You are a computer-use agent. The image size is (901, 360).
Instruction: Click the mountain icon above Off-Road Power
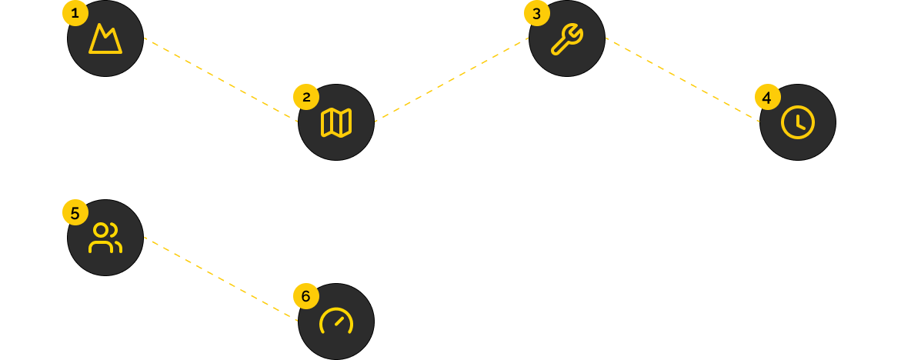[x=105, y=38]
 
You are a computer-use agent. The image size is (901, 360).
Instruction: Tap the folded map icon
[x=336, y=122]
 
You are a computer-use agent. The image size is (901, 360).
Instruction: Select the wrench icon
[x=567, y=38]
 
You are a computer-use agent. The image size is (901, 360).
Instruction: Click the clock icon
[x=798, y=122]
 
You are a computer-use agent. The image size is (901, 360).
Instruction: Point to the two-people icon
[x=105, y=238]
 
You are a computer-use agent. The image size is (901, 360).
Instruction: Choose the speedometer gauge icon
[x=336, y=322]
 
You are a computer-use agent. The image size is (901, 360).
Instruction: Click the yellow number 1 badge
[x=75, y=13]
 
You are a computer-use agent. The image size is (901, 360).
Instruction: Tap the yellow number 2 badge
[x=306, y=97]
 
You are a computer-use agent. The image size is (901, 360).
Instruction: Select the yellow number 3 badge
[x=536, y=13]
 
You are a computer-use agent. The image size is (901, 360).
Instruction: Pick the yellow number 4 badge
[x=767, y=97]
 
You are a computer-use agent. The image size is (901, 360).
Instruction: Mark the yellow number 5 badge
[x=75, y=213]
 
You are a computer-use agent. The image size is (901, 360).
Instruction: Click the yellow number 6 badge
[x=306, y=296]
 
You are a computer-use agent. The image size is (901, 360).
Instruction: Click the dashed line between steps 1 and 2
[x=221, y=80]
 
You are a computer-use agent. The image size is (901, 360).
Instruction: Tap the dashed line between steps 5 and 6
[x=221, y=279]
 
